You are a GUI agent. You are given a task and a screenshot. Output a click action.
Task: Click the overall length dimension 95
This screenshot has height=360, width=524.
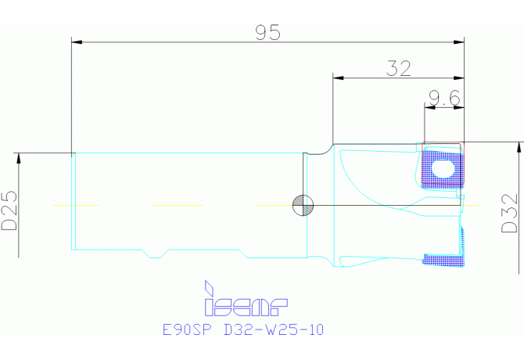click(x=267, y=32)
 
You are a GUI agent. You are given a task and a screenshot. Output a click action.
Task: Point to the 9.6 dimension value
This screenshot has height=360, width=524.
click(x=443, y=99)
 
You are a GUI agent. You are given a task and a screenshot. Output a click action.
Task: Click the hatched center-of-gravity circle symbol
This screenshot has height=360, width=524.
click(x=302, y=206)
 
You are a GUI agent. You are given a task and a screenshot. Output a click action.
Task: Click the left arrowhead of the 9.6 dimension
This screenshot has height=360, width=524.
click(x=427, y=109)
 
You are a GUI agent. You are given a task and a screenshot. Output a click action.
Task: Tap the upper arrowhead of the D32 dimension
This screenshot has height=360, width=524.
click(x=518, y=146)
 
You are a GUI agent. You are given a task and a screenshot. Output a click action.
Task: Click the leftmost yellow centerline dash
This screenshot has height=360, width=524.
click(x=75, y=206)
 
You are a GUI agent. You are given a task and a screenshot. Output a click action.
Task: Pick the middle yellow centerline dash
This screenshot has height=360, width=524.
click(x=178, y=206)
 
